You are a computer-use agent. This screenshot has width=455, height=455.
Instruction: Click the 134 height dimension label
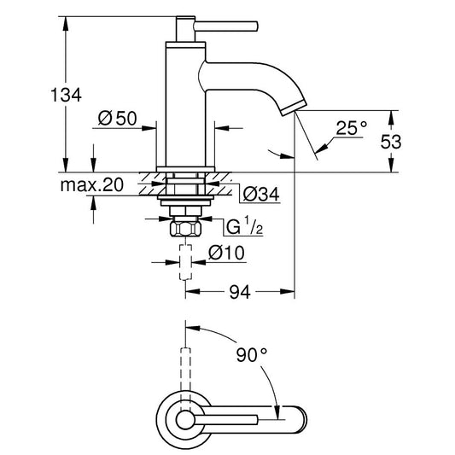(67, 95)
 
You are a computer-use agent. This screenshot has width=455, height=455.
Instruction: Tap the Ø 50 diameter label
(117, 119)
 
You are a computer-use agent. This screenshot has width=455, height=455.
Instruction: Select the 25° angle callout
(352, 128)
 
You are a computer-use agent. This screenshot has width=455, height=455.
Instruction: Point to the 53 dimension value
(391, 142)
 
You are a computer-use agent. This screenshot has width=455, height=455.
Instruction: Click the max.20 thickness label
(92, 185)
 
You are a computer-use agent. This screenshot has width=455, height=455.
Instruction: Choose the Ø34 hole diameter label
(261, 194)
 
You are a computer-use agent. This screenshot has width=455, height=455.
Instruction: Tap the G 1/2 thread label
(244, 226)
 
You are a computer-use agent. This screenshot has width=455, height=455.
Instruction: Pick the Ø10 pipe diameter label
(226, 253)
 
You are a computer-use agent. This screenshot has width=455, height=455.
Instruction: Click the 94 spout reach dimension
(240, 292)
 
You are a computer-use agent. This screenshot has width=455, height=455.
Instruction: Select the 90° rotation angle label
(251, 354)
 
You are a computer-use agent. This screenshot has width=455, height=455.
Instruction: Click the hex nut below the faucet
(186, 229)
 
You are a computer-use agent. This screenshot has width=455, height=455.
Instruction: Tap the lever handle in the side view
(225, 26)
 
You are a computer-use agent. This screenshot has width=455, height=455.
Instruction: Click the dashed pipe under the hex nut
(186, 262)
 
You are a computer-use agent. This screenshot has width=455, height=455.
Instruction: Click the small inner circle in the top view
(184, 420)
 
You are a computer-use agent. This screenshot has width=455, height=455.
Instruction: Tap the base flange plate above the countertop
(186, 170)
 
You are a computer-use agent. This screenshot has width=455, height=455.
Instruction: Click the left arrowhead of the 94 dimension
(193, 291)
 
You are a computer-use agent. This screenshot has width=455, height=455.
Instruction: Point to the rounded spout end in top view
(302, 420)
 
